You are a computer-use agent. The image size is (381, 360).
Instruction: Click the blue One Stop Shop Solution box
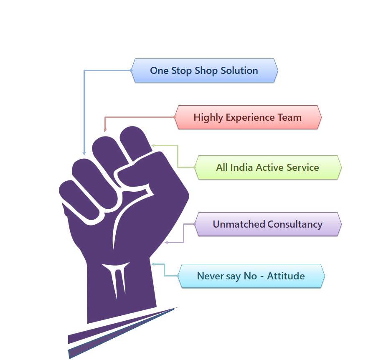click(x=204, y=71)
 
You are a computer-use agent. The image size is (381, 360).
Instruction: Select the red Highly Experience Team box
click(x=248, y=117)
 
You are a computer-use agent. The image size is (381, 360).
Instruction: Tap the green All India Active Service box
click(x=267, y=167)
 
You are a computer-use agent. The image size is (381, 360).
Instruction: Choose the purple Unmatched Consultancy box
click(x=267, y=224)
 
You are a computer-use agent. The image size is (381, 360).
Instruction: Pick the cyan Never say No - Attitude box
click(x=251, y=276)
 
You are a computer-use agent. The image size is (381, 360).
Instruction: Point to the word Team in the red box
click(x=290, y=117)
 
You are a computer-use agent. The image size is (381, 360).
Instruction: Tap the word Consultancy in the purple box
click(x=295, y=224)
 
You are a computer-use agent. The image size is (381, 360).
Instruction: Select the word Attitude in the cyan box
click(x=286, y=276)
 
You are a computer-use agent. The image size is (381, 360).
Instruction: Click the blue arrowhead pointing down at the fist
click(x=84, y=153)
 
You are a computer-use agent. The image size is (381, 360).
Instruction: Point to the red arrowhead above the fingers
click(x=105, y=130)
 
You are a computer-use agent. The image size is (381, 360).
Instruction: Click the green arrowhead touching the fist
click(x=153, y=146)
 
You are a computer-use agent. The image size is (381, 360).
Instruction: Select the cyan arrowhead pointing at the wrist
click(x=153, y=264)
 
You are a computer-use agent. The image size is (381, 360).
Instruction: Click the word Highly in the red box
click(x=208, y=117)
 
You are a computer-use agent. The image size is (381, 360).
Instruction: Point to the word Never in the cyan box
click(x=209, y=276)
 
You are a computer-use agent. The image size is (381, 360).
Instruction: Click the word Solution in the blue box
click(x=239, y=71)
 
